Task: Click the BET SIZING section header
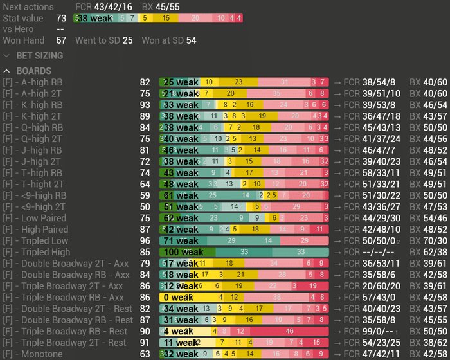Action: pyautogui.click(x=39, y=56)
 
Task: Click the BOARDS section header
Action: pyautogui.click(x=34, y=71)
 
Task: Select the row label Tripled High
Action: pyautogui.click(x=38, y=252)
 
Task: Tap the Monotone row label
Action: pyautogui.click(x=36, y=354)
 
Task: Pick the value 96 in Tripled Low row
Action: pyautogui.click(x=145, y=241)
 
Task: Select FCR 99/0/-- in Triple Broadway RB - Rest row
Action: pyautogui.click(x=372, y=332)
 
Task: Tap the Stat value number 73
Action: pyautogui.click(x=61, y=18)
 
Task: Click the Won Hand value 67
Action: pyautogui.click(x=61, y=40)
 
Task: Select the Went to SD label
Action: pyautogui.click(x=97, y=40)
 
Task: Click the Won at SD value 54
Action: pyautogui.click(x=191, y=40)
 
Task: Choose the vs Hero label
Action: pyautogui.click(x=18, y=29)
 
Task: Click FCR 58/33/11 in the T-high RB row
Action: pyautogui.click(x=374, y=173)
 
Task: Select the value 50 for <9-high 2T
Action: pyautogui.click(x=145, y=207)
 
